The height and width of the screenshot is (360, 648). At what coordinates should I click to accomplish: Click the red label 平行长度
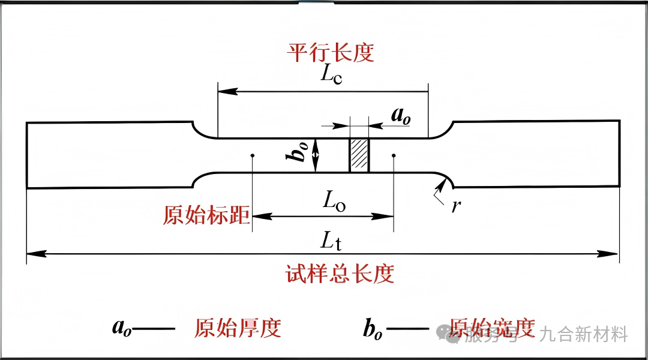pyautogui.click(x=330, y=53)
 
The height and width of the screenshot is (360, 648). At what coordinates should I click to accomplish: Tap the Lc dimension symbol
pyautogui.click(x=331, y=76)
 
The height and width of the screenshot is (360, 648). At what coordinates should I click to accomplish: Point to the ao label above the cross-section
pyautogui.click(x=401, y=115)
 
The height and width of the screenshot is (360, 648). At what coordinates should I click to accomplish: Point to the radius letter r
pyautogui.click(x=456, y=206)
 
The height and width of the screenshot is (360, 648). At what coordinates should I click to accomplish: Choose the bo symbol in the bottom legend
pyautogui.click(x=373, y=328)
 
